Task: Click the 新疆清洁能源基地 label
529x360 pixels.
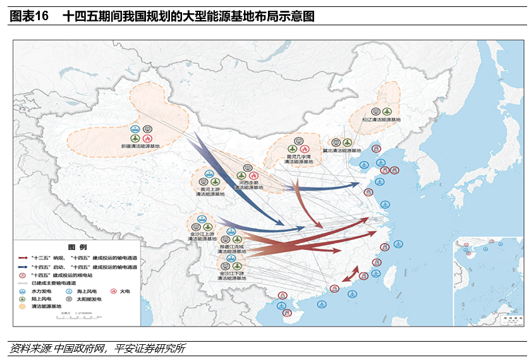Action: click(x=141, y=146)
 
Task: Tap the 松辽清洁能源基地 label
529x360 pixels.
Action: click(x=381, y=119)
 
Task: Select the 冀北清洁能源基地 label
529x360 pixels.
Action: click(x=341, y=151)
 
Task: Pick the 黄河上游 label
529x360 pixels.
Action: click(x=210, y=189)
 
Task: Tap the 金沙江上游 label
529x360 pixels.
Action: click(x=202, y=234)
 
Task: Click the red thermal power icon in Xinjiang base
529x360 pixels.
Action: click(x=147, y=138)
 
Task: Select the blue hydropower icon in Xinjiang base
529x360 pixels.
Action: click(x=135, y=138)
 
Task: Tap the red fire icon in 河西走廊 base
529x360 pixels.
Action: click(x=254, y=175)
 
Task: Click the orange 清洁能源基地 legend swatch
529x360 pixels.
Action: click(x=23, y=306)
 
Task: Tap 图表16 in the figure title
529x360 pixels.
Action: click(x=29, y=16)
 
